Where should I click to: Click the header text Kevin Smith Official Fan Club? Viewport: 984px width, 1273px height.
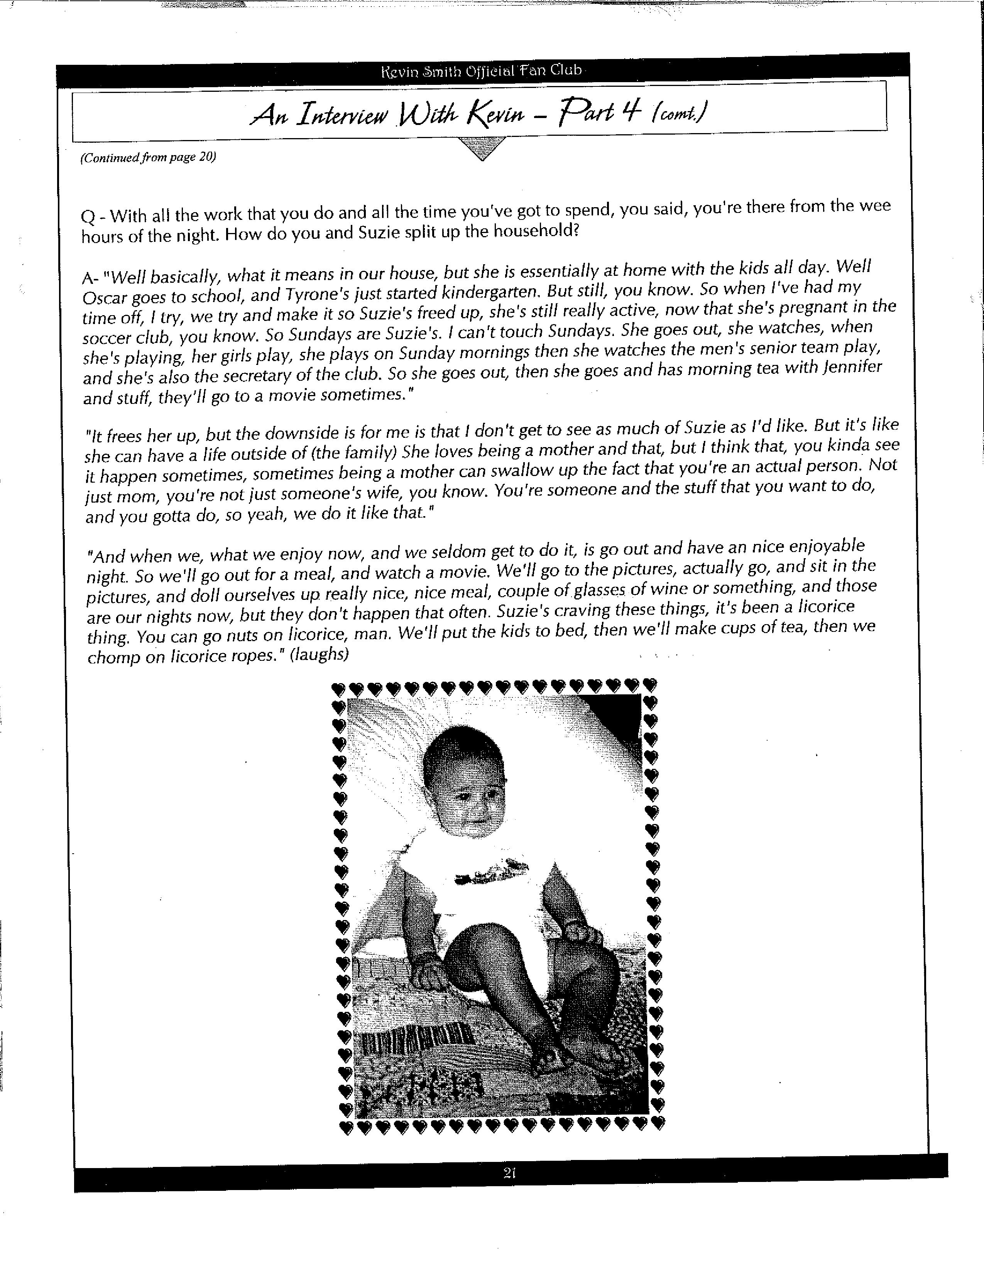coord(482,71)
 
